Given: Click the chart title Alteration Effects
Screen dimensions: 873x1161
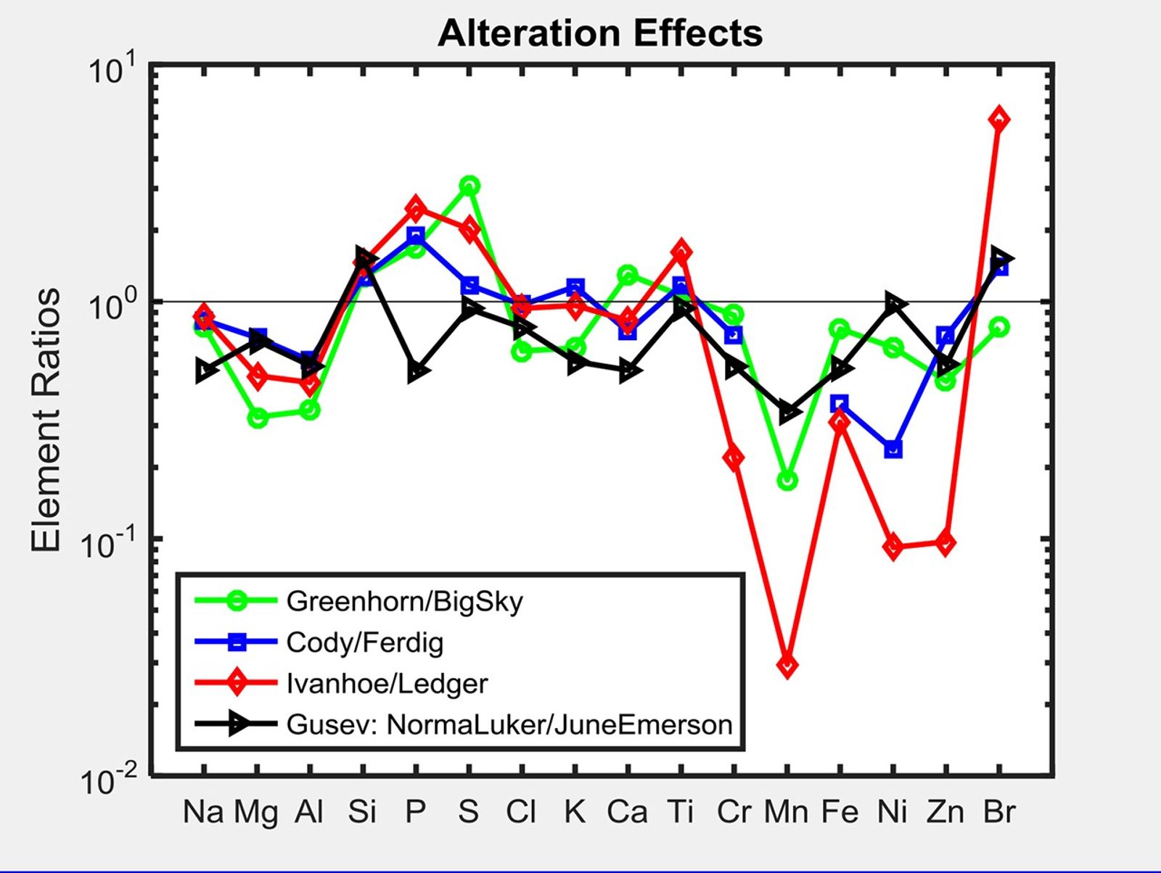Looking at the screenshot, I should point(600,33).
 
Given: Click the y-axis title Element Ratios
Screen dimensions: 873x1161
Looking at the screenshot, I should point(45,420).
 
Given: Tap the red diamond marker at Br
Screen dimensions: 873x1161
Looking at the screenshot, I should point(998,120).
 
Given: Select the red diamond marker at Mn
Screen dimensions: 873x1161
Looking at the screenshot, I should point(787,665).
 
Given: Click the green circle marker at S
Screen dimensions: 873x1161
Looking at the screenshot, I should point(469,186).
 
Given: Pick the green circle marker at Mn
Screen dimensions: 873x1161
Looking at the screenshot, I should point(787,480).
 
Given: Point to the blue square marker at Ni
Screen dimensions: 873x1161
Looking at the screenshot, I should point(893,449).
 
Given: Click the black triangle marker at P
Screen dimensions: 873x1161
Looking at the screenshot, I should point(417,372).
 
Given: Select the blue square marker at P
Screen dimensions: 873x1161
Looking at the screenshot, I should point(415,236).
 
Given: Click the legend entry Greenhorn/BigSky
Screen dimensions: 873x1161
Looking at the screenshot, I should point(404,601).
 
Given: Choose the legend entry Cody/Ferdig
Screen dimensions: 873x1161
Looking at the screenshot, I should point(364,642).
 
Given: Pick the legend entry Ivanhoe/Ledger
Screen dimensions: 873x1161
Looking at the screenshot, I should point(387,684).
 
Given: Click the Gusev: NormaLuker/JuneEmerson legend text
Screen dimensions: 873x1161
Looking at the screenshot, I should point(509,724).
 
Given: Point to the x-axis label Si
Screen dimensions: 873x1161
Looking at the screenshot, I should point(362,811).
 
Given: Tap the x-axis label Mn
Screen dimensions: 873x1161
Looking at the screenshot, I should point(786,811).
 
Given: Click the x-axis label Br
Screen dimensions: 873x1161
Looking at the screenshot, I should point(998,811).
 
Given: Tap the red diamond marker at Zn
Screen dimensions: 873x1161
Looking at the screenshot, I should point(945,542).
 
